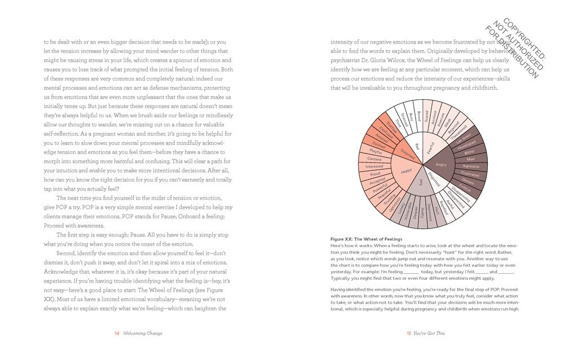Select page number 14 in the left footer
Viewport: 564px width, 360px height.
point(117,333)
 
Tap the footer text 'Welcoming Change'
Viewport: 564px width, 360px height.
point(143,333)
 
